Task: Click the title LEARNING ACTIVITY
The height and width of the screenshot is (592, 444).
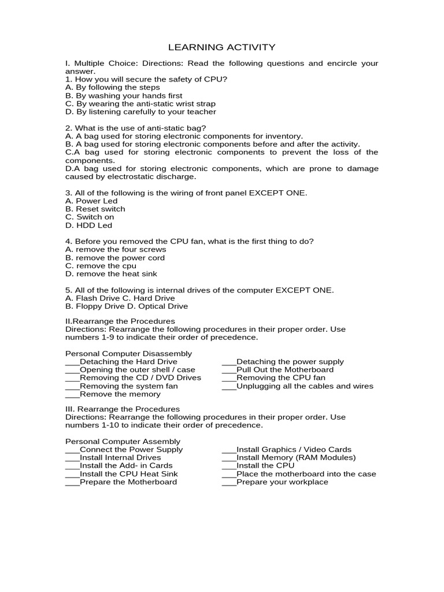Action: (x=221, y=47)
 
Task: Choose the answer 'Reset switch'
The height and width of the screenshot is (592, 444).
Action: (x=95, y=209)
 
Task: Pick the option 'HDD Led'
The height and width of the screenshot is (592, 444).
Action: (x=89, y=225)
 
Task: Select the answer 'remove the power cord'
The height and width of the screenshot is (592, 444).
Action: (x=115, y=257)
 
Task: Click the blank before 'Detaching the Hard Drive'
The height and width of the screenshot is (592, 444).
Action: (x=72, y=362)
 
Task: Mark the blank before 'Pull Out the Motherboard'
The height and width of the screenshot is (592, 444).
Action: (x=229, y=371)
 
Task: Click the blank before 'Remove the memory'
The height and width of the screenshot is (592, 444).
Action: (x=72, y=395)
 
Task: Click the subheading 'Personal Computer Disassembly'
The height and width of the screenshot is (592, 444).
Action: (x=128, y=353)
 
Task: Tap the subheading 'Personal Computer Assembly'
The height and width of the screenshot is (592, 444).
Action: (x=123, y=441)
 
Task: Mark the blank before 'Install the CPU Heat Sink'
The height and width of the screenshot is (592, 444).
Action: (x=72, y=473)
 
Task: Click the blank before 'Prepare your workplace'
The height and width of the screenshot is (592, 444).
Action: (x=229, y=482)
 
